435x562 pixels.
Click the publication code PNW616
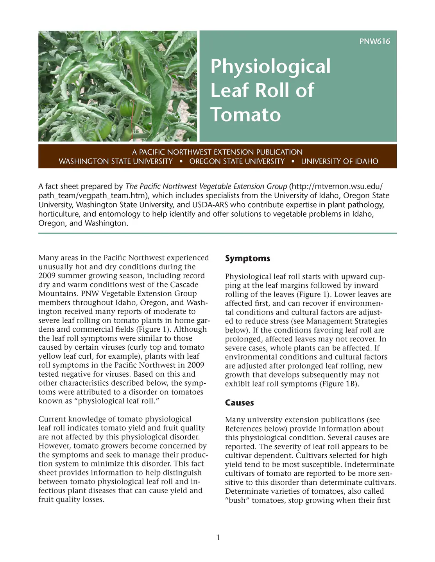click(374, 41)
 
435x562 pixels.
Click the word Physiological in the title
click(270, 66)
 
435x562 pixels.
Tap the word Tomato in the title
click(246, 115)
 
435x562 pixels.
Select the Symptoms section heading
click(247, 258)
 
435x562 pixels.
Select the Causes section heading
click(239, 403)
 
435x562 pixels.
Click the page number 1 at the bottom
click(218, 538)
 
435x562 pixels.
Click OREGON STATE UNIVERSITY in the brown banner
click(237, 162)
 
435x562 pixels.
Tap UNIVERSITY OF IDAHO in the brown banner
click(339, 162)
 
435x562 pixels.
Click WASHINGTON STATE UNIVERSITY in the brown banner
click(116, 162)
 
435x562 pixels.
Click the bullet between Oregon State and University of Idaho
click(293, 162)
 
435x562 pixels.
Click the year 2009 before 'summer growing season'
click(47, 276)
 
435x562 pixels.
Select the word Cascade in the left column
click(184, 285)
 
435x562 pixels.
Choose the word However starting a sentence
click(55, 446)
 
